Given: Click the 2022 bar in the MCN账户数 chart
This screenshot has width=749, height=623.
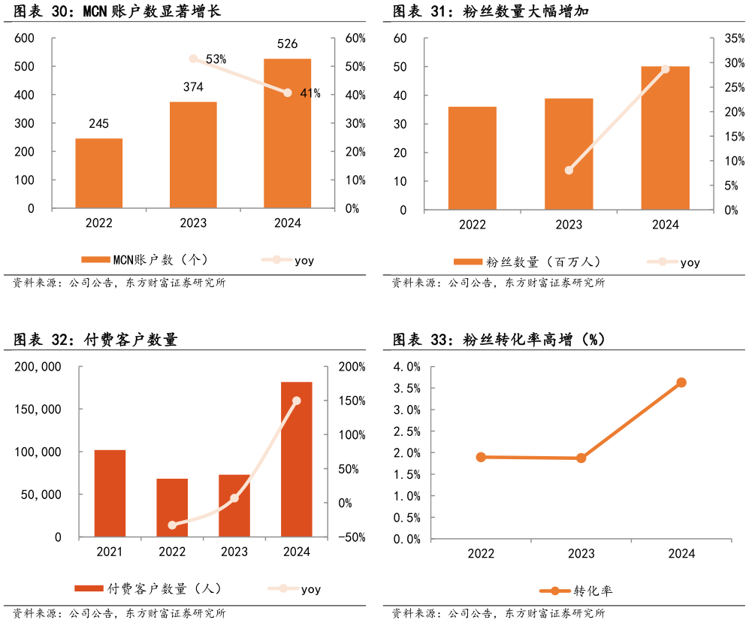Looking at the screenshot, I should pos(98,173).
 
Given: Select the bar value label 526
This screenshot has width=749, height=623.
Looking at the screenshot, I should pos(287,44).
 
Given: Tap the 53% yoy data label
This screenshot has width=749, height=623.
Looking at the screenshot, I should pos(216,59).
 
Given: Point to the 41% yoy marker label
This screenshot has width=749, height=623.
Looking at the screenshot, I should pos(310,93).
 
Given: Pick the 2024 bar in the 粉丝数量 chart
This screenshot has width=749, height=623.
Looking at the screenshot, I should pos(665,138).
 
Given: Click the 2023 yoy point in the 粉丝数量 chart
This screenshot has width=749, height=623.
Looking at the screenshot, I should pos(569,170).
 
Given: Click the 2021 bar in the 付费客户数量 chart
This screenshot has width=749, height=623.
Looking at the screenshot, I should pos(110,493).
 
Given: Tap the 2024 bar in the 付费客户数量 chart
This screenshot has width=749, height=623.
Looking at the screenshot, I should pos(296,459).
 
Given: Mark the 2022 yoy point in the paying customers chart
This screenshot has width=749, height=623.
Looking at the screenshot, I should pos(172,525).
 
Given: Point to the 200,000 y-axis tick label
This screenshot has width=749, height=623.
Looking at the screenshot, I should pos(38,367).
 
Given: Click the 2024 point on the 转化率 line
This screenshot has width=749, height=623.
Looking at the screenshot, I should pos(681,383).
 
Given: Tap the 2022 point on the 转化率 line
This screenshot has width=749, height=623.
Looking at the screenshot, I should pos(481,457).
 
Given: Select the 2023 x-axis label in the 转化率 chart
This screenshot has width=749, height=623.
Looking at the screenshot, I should pos(581,554).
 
